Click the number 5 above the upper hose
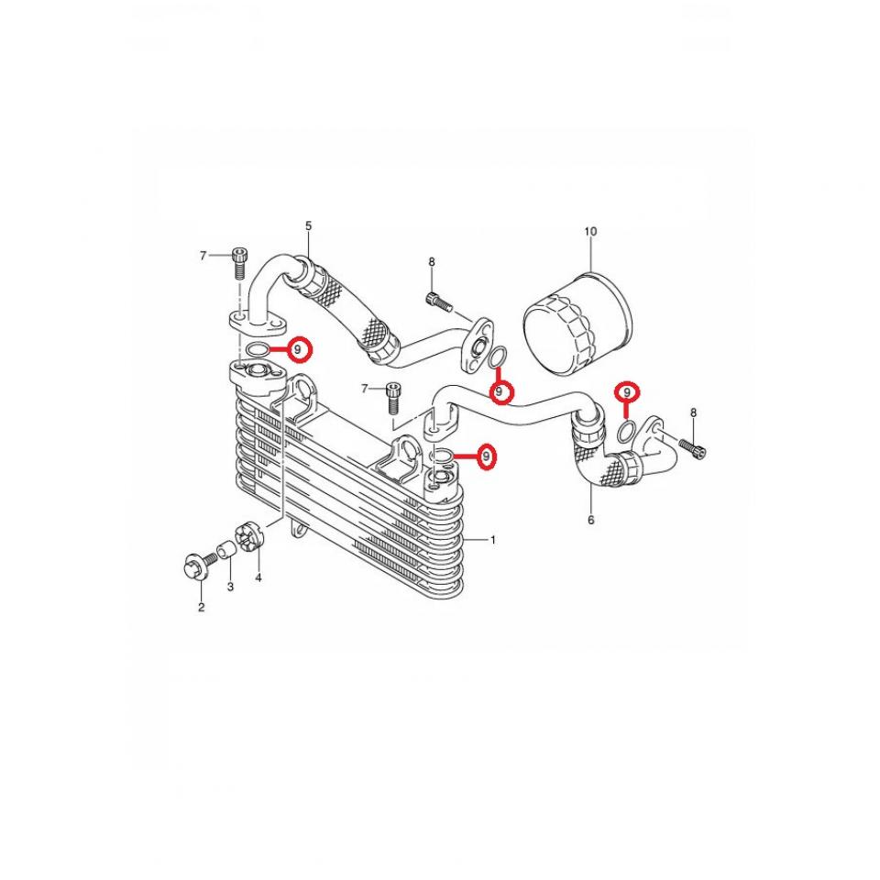tap(308, 225)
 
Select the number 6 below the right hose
tap(590, 520)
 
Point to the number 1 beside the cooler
tap(492, 540)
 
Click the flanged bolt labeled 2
tap(195, 567)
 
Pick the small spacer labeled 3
tap(222, 553)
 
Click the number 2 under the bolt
tap(201, 606)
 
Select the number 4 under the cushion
tap(258, 577)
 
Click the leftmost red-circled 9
tap(299, 349)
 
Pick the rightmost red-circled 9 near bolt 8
tap(627, 392)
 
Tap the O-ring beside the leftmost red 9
tap(259, 349)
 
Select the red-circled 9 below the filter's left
tap(500, 392)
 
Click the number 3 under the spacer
tap(230, 586)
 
